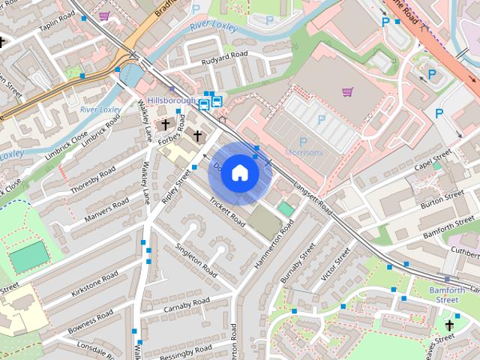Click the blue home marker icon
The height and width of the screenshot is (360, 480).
[238, 172]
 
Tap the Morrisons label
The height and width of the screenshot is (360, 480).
[304, 153]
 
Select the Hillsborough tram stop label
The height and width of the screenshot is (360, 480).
[171, 100]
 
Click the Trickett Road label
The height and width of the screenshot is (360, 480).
[227, 212]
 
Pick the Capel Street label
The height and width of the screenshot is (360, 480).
[433, 160]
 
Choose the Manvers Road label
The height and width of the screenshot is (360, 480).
[106, 205]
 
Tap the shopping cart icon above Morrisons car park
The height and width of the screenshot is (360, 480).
[347, 92]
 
